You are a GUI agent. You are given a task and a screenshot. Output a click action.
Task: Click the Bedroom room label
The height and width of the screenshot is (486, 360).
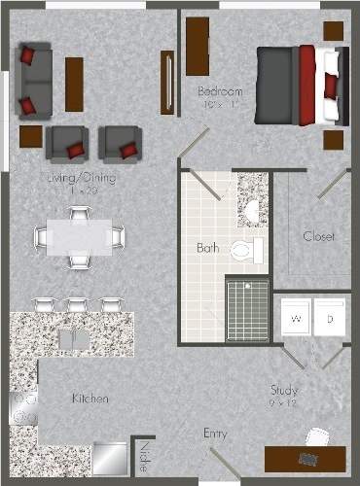pyautogui.click(x=220, y=91)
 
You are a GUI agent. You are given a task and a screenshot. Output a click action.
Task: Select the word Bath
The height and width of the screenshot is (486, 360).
pyautogui.click(x=206, y=248)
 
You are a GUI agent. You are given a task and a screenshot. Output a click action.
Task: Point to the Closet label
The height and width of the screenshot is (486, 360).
pyautogui.click(x=318, y=236)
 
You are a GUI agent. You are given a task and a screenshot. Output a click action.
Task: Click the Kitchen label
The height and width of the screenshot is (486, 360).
pyautogui.click(x=90, y=399)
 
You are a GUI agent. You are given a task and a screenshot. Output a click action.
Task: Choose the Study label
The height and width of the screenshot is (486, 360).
pyautogui.click(x=284, y=391)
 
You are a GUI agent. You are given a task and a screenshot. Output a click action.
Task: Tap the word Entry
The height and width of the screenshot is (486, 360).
pyautogui.click(x=215, y=433)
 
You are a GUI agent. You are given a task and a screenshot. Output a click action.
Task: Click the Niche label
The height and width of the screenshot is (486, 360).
pyautogui.click(x=144, y=453)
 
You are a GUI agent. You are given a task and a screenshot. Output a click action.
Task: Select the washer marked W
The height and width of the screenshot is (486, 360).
pyautogui.click(x=295, y=318)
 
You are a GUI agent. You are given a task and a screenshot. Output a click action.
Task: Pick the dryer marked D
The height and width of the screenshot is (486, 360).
pyautogui.click(x=330, y=318)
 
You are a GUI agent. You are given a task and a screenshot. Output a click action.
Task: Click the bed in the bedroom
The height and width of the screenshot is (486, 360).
pyautogui.click(x=300, y=86)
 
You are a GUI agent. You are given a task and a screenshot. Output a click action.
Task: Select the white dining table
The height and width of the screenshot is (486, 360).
pyautogui.click(x=79, y=236)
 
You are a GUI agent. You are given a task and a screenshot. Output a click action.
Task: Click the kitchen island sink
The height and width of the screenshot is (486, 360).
pyautogui.click(x=73, y=338)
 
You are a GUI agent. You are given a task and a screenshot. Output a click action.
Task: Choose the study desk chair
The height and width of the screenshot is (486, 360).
pyautogui.click(x=312, y=459)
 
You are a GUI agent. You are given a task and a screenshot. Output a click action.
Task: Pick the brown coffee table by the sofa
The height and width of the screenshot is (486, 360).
pyautogui.click(x=74, y=84)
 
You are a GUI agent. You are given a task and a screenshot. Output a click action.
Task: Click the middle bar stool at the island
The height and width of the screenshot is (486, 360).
pyautogui.click(x=76, y=305)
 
